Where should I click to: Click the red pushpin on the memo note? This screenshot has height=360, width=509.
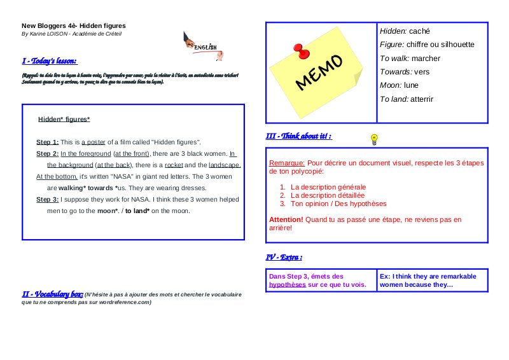point(297,51)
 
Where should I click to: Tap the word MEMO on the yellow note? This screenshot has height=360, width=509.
point(319,71)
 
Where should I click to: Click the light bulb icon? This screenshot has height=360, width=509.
point(374,139)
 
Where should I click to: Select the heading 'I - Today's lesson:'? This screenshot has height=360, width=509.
point(50,61)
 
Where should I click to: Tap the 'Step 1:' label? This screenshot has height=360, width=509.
point(48,142)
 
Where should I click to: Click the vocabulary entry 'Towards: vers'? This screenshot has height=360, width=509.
point(404,72)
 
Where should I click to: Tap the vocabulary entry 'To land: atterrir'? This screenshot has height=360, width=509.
point(406,99)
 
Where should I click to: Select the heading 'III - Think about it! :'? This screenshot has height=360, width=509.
point(298,136)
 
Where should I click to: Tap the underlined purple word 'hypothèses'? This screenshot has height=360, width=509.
point(287,285)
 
